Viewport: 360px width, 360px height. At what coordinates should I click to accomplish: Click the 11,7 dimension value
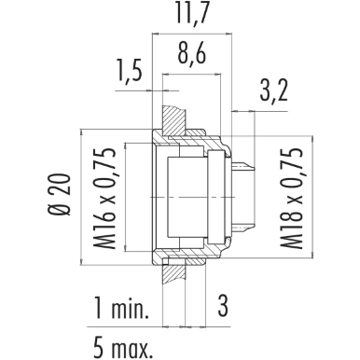tap(192, 14)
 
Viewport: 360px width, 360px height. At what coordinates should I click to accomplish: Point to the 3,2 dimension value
tap(273, 90)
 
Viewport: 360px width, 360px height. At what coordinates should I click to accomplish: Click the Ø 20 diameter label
tap(59, 194)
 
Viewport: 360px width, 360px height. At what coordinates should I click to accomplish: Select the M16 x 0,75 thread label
tap(104, 198)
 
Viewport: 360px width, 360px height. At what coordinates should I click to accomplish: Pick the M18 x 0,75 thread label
tap(291, 198)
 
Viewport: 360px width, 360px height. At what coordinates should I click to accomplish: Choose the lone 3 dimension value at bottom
tap(223, 307)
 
